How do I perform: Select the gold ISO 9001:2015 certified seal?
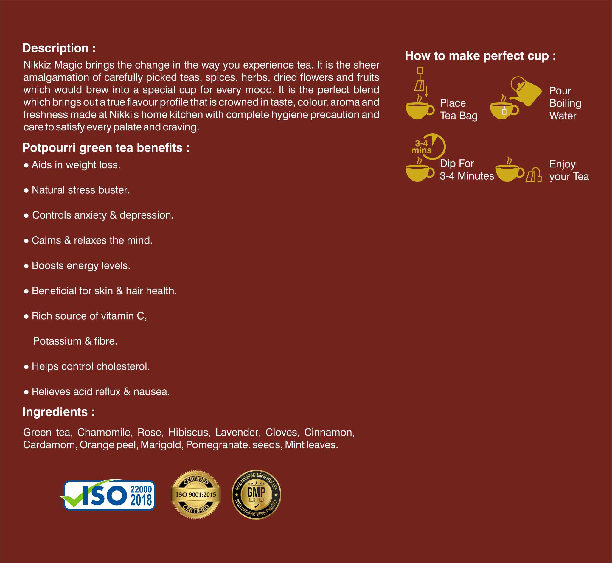coord(196,495)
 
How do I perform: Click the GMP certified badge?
coord(256,495)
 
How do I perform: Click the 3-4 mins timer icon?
coord(428,147)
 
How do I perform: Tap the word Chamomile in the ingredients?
coord(104,432)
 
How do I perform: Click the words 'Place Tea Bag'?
coord(458,109)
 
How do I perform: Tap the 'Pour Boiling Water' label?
coord(565,103)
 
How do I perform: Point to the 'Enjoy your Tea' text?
coord(569,170)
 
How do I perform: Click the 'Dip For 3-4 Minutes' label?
coord(466,170)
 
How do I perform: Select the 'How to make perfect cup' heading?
coord(480,56)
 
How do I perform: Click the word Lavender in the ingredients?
coord(237,432)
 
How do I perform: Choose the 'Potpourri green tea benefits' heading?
coord(106,148)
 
